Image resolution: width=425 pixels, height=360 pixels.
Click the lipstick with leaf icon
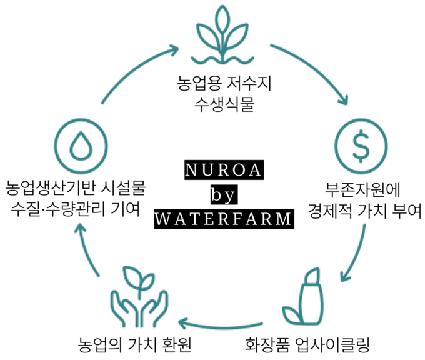[306, 299]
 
